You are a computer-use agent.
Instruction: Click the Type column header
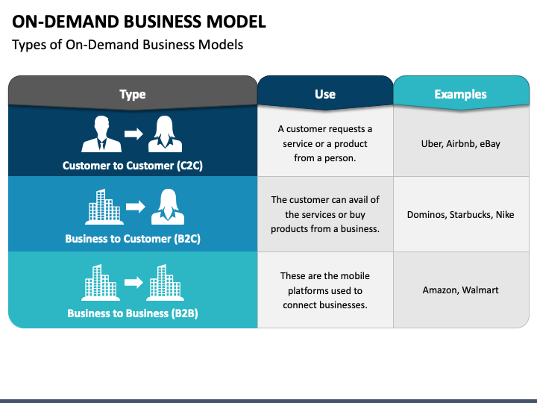point(133,94)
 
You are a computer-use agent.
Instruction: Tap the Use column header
point(325,94)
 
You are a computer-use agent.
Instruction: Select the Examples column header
point(461,94)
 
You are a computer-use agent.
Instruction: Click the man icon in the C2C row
point(101,134)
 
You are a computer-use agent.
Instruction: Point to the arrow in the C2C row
point(134,134)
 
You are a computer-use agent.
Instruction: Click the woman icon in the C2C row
point(165,134)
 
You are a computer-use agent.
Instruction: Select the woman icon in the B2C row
point(168,207)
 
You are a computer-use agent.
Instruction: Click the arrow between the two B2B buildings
point(134,282)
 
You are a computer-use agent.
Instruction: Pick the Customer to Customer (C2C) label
point(133,166)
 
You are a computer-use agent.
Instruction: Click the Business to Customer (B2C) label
point(133,239)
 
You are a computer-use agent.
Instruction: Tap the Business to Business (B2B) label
point(133,313)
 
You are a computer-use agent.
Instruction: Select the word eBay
point(490,144)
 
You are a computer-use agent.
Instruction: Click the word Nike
point(505,215)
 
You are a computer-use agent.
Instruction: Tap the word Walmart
point(480,290)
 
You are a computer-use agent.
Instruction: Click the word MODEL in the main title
point(236,22)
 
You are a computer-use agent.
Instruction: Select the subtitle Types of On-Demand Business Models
point(128,45)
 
